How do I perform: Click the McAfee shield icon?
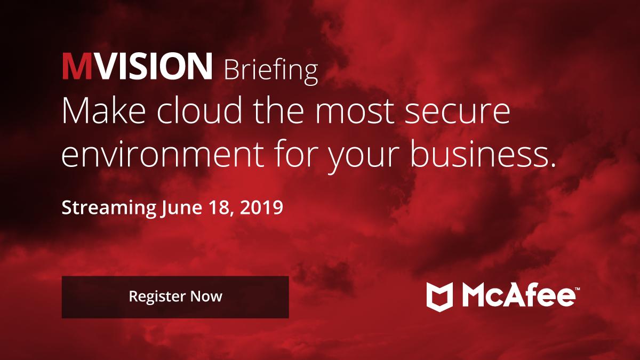click(x=439, y=296)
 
